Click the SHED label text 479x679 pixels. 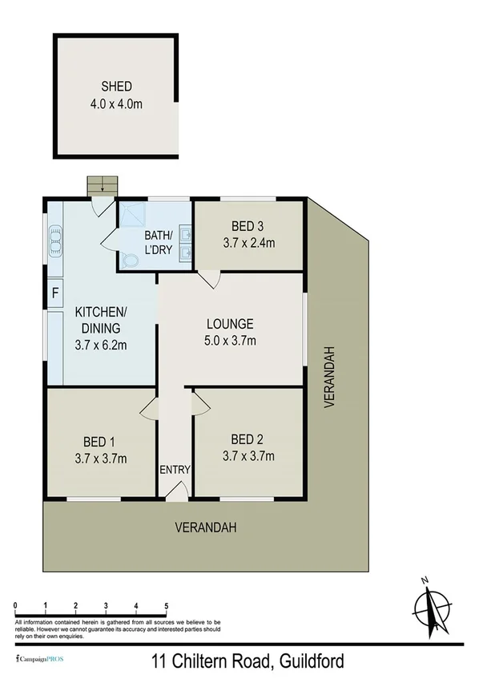click(x=115, y=87)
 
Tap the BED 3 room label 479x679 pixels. click(x=248, y=225)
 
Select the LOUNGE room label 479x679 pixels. click(x=230, y=325)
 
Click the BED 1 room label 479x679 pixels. click(x=100, y=441)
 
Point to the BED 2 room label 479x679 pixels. click(x=248, y=439)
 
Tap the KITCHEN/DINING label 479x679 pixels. click(x=101, y=319)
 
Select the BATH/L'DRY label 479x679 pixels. click(x=158, y=241)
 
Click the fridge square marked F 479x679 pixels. click(x=54, y=293)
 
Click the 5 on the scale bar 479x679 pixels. click(x=166, y=606)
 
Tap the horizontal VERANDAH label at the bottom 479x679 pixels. click(x=207, y=527)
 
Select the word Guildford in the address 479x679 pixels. click(x=312, y=662)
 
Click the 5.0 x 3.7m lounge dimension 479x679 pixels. click(x=230, y=341)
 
